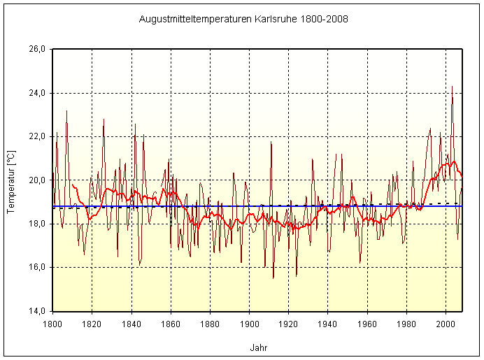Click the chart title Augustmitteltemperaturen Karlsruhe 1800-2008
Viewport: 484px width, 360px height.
(x=243, y=18)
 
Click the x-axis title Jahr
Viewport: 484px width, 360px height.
(x=257, y=347)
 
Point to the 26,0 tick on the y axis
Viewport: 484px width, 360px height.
(x=36, y=50)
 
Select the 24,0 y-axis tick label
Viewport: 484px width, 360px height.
(x=36, y=93)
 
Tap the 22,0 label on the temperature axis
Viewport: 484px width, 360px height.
(x=36, y=136)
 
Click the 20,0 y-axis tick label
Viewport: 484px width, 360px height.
(x=36, y=180)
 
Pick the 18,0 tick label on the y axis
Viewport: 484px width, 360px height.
(x=36, y=224)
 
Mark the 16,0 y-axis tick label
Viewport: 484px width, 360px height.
(x=36, y=267)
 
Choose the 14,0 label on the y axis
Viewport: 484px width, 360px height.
(x=36, y=311)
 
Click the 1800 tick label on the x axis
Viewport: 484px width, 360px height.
(x=52, y=323)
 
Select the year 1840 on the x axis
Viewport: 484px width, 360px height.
(x=131, y=323)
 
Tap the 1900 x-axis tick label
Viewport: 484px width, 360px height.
(x=249, y=323)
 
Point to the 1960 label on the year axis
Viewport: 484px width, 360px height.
(x=367, y=323)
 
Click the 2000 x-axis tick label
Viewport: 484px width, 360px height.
(x=446, y=323)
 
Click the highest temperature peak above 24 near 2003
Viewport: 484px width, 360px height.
(x=452, y=87)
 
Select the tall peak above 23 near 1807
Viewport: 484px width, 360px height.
(x=66, y=110)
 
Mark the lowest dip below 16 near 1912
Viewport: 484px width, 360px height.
(x=273, y=278)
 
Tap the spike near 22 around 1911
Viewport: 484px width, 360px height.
(x=271, y=142)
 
